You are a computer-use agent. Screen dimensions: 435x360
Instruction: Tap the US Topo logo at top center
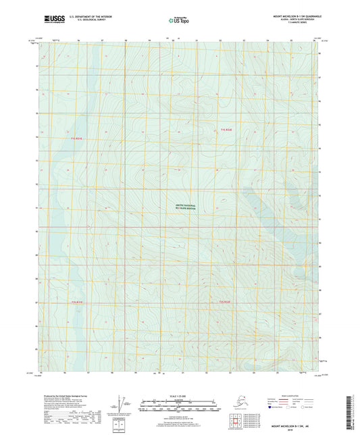[179, 20]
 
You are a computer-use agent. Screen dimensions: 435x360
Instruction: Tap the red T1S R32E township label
[226, 128]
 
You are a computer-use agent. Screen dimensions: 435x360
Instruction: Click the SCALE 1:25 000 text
[180, 396]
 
